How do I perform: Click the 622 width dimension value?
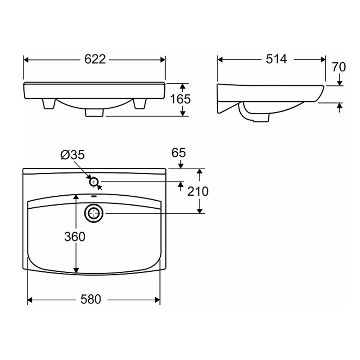tap(95, 59)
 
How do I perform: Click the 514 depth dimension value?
tap(276, 59)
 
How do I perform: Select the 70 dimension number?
tap(339, 67)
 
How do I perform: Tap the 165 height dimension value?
tap(180, 99)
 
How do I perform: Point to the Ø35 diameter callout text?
tap(72, 155)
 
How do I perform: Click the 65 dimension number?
tap(178, 153)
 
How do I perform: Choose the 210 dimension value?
tap(198, 191)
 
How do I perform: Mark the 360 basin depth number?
tap(75, 237)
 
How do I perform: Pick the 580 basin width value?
tap(91, 299)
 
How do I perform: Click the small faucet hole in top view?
tap(94, 182)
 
